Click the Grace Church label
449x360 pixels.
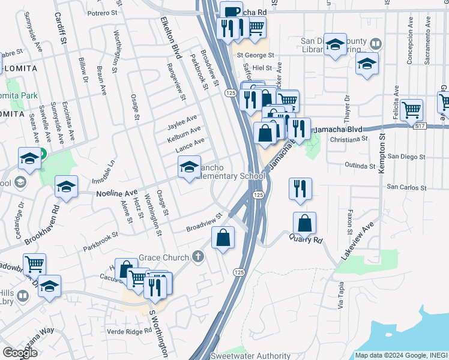point(164,258)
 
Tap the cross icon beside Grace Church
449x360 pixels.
point(198,257)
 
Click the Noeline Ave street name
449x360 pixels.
point(117,194)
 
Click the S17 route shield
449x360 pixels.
point(420,125)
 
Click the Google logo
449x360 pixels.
point(20,353)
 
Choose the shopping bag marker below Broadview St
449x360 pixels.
point(223,236)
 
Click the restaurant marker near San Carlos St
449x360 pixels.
point(300,188)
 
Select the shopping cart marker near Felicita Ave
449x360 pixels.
point(412,110)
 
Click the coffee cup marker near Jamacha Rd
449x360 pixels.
point(231,12)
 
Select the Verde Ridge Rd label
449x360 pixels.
point(130,331)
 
